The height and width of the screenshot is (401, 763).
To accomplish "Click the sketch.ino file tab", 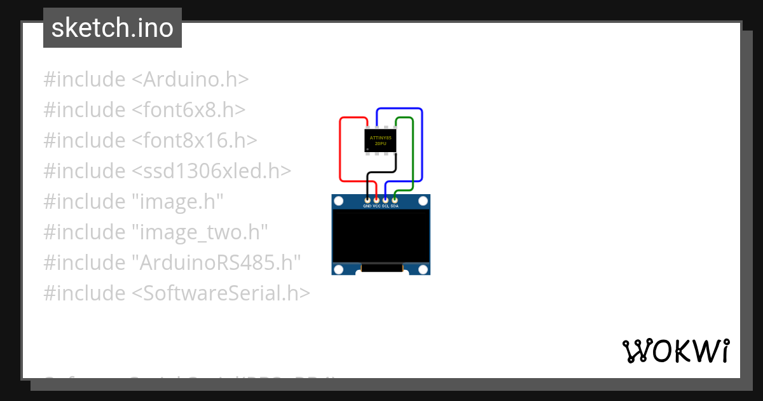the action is pos(113,28).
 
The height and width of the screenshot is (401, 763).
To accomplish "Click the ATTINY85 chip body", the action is pos(380,140).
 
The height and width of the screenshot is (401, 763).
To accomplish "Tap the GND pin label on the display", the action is pos(367,206).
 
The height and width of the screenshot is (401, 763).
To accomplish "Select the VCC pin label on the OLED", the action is pos(376,206).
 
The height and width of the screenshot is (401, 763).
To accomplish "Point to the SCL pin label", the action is pos(385,206).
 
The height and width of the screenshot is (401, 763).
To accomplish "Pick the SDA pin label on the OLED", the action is pos(395,206).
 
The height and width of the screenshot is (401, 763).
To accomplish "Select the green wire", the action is pos(413,153).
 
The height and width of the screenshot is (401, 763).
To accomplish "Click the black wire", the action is pos(381,172).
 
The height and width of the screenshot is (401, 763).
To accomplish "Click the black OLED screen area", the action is pos(381,236).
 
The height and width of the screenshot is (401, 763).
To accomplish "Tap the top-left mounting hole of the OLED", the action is pos(339,201).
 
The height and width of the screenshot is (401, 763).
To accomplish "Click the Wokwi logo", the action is pos(675,351).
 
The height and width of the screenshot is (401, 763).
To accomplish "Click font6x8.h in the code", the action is pos(188,110).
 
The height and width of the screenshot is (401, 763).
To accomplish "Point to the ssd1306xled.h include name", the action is pos(211,171).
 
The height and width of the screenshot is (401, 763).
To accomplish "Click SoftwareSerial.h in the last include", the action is pos(221,293).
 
